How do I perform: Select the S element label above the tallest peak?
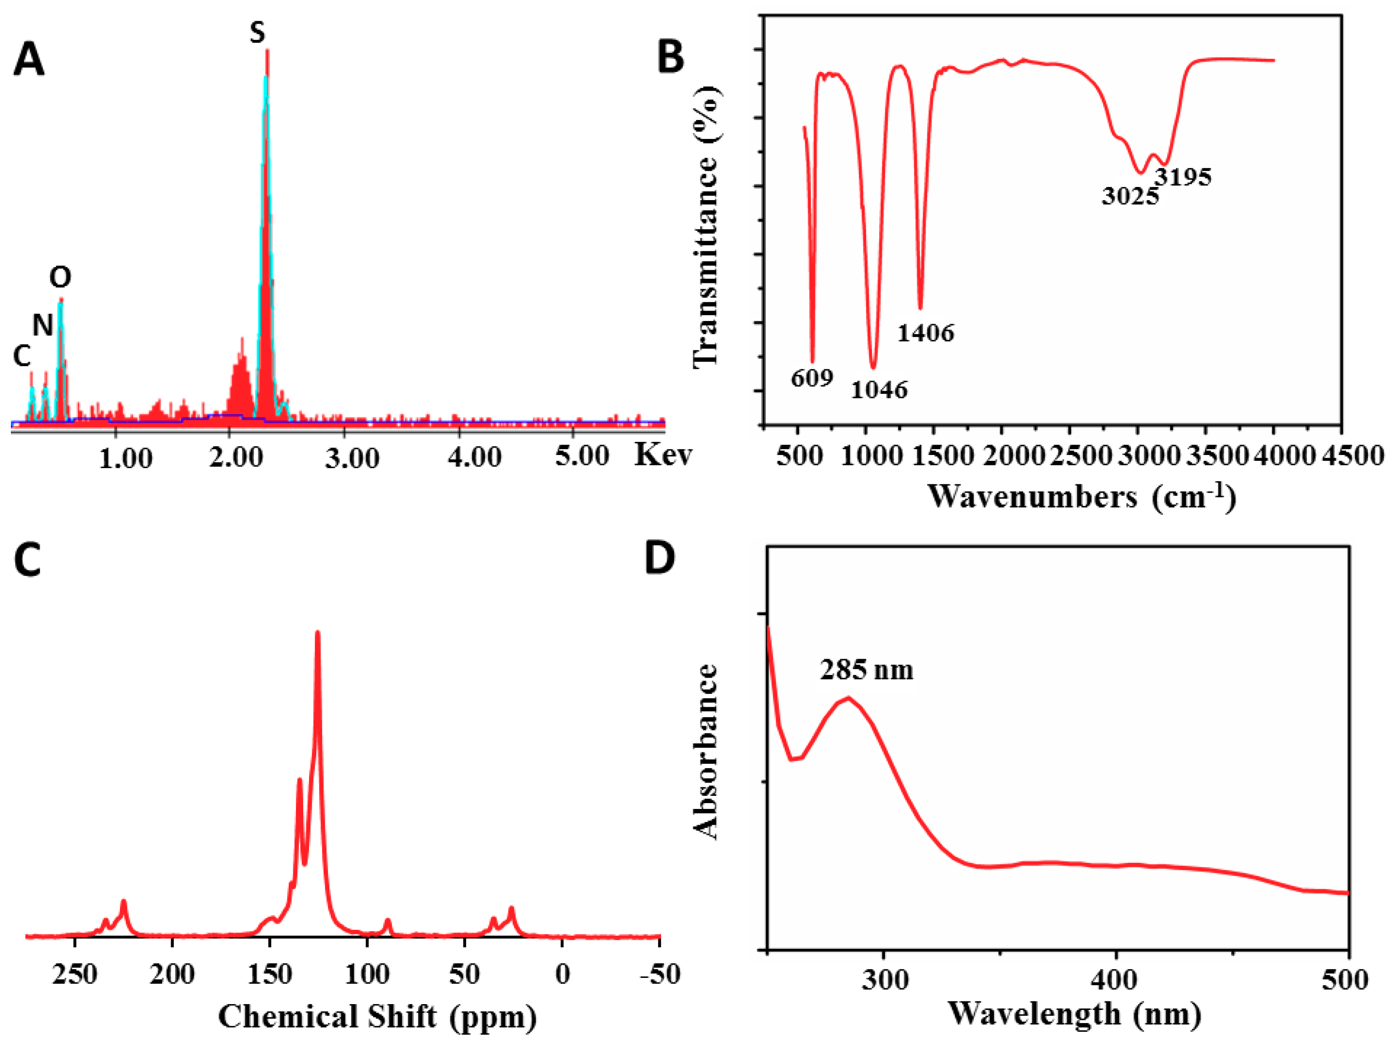point(257,32)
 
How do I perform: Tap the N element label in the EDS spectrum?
point(42,325)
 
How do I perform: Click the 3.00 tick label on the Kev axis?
point(352,458)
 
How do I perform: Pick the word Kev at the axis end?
point(662,454)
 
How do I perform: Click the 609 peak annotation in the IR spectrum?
point(812,378)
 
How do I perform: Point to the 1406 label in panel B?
point(926,333)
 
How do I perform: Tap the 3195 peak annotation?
point(1183,177)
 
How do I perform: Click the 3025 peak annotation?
point(1130,196)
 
